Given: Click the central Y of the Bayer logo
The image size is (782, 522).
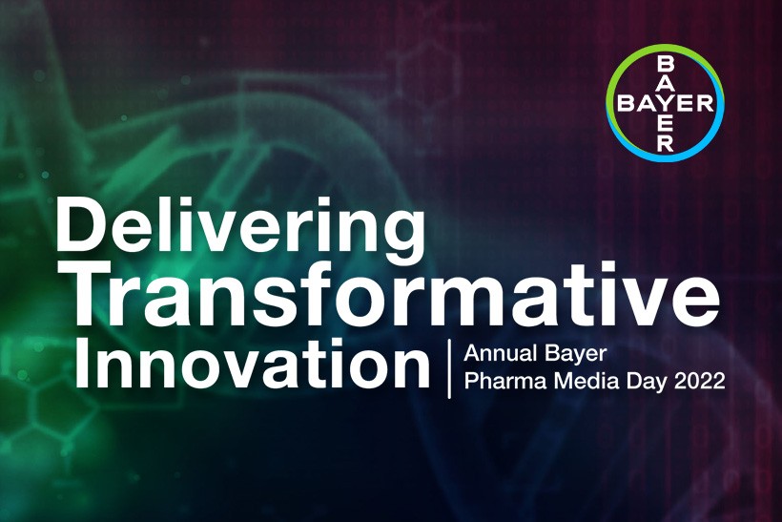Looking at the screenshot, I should (x=665, y=103).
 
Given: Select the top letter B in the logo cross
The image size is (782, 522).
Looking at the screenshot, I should (x=665, y=64).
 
